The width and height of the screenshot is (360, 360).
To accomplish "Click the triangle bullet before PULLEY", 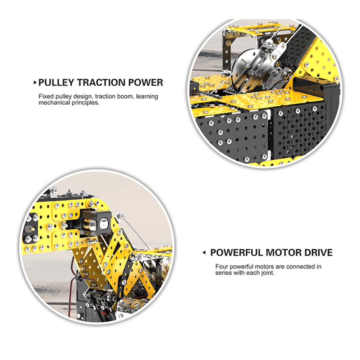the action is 35,82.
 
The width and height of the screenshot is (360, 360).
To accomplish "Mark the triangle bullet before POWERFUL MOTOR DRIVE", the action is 204,253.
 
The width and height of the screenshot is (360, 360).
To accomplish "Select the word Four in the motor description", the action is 222,266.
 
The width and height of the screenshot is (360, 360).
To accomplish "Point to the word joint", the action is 268,273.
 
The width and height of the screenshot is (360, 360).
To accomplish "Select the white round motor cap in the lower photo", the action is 104,224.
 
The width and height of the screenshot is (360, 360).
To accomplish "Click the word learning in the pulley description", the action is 147,97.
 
